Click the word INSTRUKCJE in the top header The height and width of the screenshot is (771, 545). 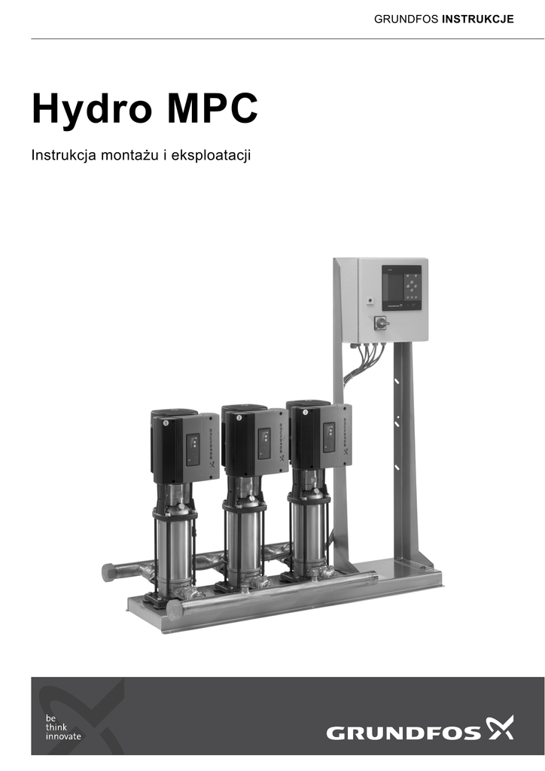click(478, 19)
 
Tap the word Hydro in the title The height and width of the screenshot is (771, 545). click(92, 109)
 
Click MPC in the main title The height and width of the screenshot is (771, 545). click(212, 108)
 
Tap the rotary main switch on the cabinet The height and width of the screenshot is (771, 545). click(381, 322)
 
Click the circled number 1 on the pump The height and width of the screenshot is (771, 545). click(166, 423)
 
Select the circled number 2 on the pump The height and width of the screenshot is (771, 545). click(239, 418)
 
